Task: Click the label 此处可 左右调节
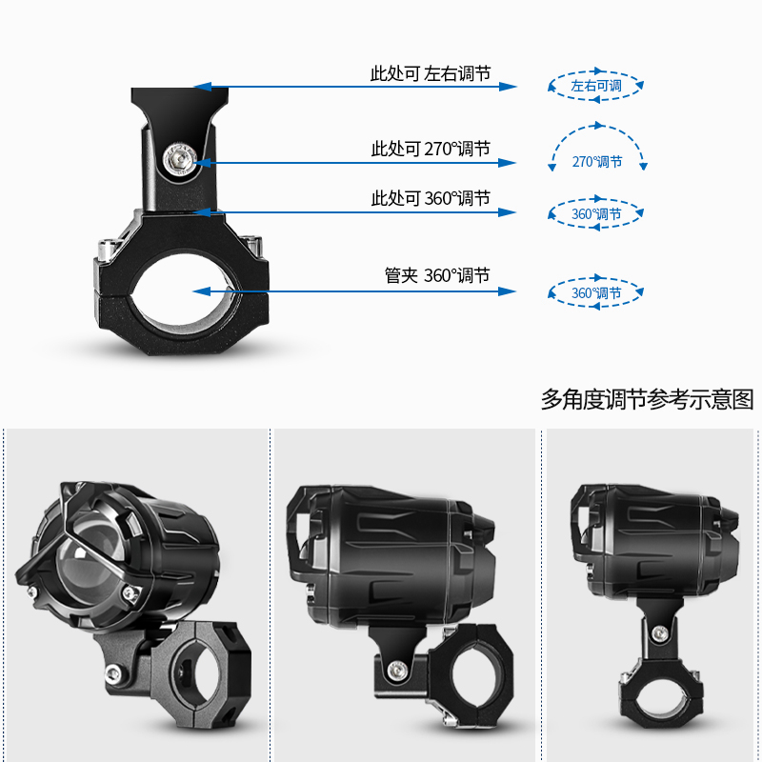click(x=430, y=73)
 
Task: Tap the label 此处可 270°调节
click(x=430, y=150)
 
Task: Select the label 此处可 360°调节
click(x=430, y=199)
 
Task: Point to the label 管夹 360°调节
click(x=437, y=276)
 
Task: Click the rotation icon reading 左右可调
click(x=596, y=86)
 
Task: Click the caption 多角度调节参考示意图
click(x=647, y=399)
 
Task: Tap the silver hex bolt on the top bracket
click(x=179, y=159)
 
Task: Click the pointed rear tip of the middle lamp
click(x=487, y=523)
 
